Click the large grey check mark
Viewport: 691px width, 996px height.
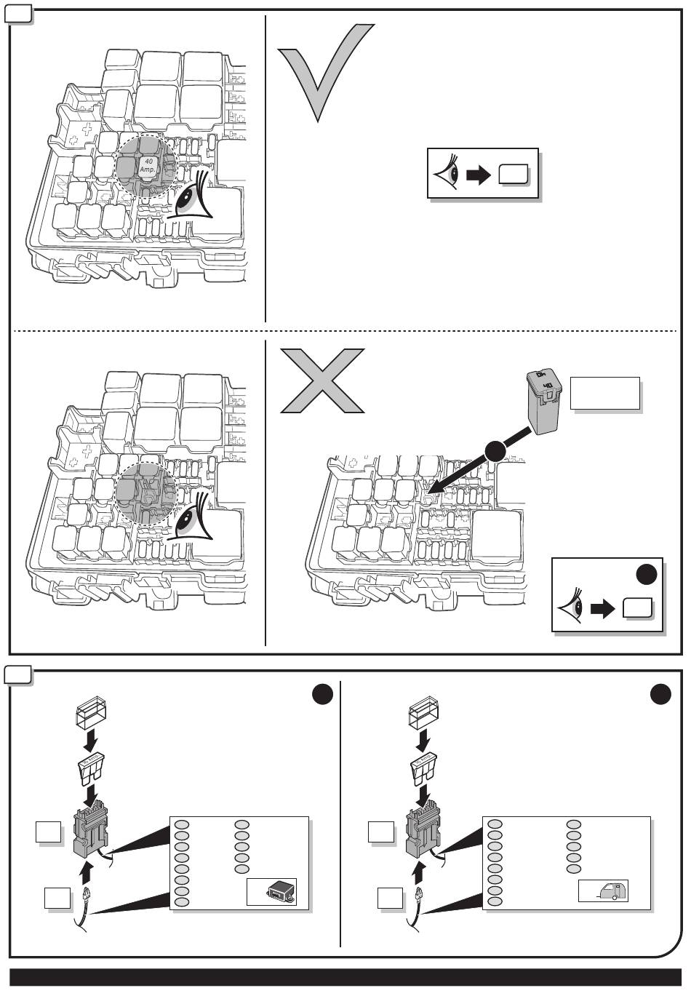(320, 73)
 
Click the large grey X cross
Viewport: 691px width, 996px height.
(322, 380)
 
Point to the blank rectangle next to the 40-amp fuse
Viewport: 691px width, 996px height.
(604, 394)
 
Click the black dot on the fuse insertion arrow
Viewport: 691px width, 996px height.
(495, 451)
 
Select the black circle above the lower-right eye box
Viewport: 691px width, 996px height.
(647, 574)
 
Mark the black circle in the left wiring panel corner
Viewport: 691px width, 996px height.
(322, 694)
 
